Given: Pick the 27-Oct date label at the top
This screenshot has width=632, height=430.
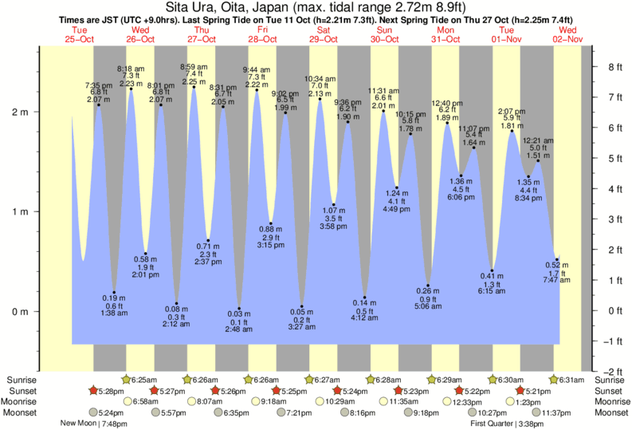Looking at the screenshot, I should coord(202,39).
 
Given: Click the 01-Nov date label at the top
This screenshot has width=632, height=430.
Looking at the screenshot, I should coord(508,39).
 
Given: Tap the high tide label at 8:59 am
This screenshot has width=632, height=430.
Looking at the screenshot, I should coord(194,67).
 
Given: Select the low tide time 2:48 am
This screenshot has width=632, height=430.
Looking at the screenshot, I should coord(239,329).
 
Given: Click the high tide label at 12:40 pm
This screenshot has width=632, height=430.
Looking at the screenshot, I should coord(447,103).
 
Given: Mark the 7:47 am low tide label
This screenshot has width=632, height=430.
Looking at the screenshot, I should coord(556,281).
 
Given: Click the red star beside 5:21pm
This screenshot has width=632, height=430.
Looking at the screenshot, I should coord(520,390).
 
